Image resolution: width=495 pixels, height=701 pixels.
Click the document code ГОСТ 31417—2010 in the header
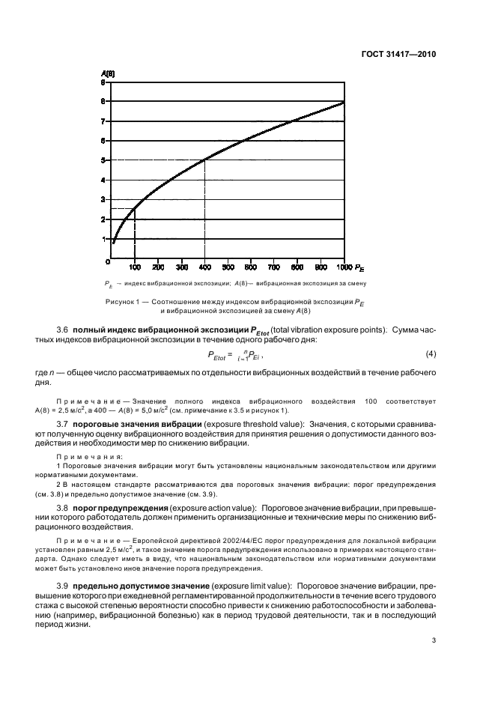398,55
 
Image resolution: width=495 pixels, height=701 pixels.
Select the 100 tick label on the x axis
135,267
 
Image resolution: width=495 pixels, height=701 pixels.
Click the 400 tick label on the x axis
204,267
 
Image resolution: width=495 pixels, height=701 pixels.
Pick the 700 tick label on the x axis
274,267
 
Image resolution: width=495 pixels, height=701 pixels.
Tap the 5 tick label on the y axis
103,160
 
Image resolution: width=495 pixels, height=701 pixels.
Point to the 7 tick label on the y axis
103,120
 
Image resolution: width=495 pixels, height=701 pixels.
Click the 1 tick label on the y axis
103,239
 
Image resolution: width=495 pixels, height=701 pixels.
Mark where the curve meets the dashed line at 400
204,160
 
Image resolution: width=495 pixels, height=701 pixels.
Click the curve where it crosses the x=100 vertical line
135,209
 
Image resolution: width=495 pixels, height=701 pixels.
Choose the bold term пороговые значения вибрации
127,425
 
